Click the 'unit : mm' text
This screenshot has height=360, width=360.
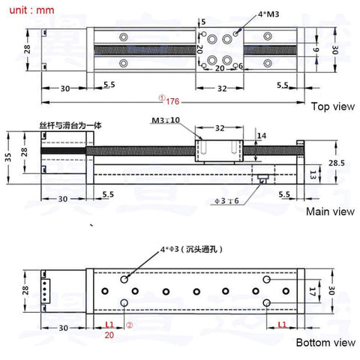pyautogui.click(x=30, y=11)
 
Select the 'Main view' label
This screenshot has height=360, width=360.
pyautogui.click(x=330, y=211)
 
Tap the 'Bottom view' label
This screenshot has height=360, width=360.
pyautogui.click(x=325, y=343)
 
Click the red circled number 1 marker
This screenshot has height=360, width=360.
pyautogui.click(x=161, y=98)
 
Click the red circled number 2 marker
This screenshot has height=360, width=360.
pyautogui.click(x=129, y=326)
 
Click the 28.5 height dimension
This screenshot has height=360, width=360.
pyautogui.click(x=337, y=163)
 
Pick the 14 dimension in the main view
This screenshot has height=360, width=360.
pyautogui.click(x=261, y=136)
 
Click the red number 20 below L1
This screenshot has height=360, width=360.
pyautogui.click(x=109, y=336)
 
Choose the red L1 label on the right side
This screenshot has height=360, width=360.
pyautogui.click(x=283, y=325)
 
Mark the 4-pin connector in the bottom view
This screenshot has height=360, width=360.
pyautogui.click(x=45, y=292)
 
